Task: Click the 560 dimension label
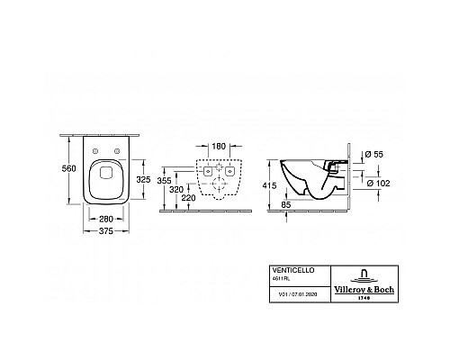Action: (x=69, y=169)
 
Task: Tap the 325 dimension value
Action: (x=143, y=180)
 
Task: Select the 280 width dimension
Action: (x=106, y=220)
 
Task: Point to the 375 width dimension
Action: (x=106, y=231)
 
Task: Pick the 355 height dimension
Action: (x=165, y=181)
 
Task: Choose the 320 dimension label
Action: (x=176, y=190)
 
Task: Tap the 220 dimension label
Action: (x=188, y=198)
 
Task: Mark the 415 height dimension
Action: (x=269, y=185)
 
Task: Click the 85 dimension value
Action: (x=286, y=204)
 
